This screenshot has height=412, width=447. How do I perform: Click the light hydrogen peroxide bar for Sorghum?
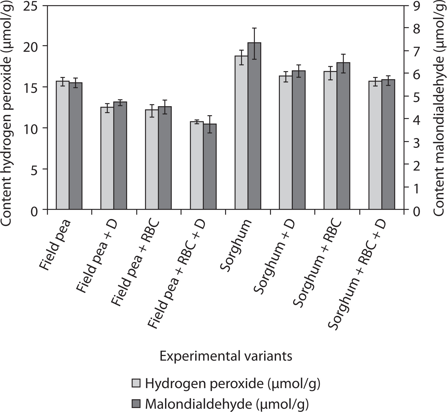[241, 133]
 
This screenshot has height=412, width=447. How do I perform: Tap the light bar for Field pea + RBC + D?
[197, 166]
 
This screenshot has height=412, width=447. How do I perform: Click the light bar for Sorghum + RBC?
[330, 140]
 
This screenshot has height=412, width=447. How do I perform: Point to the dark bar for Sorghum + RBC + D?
[388, 145]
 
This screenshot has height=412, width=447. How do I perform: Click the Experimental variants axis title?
[226, 356]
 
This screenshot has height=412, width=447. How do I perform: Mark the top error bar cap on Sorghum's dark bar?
[254, 28]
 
